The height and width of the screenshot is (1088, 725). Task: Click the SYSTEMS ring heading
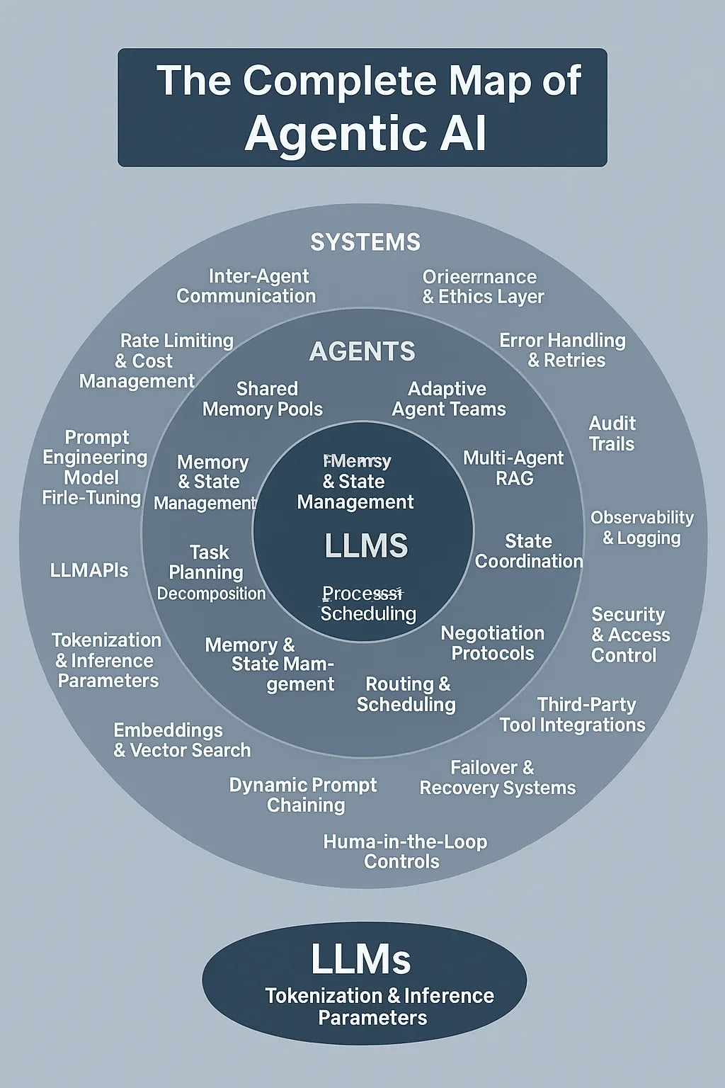coord(365,242)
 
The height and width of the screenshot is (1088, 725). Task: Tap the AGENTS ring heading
coord(362,351)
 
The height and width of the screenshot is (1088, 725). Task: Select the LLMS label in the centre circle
coord(366,546)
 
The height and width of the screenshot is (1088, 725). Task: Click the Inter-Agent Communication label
coord(246,286)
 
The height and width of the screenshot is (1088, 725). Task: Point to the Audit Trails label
coord(612,433)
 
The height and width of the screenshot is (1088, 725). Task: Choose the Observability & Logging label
coord(642,528)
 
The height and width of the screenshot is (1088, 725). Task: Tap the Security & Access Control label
coord(629,635)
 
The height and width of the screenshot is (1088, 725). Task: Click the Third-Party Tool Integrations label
coord(573,715)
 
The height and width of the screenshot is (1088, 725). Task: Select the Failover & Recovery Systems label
coord(498,778)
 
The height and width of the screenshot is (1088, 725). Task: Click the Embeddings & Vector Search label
coord(182,740)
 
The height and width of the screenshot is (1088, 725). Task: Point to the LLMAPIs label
coord(89,570)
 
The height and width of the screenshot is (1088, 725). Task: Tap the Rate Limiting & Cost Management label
coord(156,361)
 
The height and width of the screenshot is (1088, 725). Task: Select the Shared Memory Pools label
coord(263,399)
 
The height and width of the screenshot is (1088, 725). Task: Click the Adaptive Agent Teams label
coord(449,399)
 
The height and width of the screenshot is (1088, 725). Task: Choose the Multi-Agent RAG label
coord(513,468)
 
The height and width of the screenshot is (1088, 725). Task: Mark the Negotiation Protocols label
coord(493,643)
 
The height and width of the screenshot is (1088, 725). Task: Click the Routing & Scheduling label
coord(406,694)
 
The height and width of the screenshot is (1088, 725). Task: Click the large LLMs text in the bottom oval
coord(361,959)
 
